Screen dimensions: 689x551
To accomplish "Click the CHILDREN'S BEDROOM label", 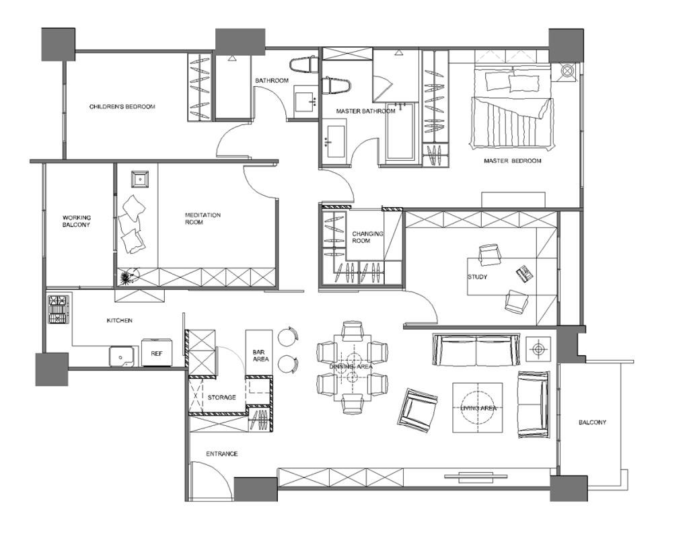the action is coord(122,107).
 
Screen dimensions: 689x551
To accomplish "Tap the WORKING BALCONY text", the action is coord(76,221).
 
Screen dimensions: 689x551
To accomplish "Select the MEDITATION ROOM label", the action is coord(203,219).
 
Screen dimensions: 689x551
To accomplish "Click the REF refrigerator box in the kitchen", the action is coord(157,352).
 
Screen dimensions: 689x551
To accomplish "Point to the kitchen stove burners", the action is coord(59,309).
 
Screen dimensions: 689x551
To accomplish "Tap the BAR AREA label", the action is coord(260,355).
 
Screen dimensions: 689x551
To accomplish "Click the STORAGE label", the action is coord(221,397).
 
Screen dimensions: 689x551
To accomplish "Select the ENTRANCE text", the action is coord(222,454).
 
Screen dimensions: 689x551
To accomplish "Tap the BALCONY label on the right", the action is coord(592,423).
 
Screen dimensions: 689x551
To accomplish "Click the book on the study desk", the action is coord(524,274).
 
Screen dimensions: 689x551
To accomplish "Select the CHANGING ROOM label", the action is coord(367,237).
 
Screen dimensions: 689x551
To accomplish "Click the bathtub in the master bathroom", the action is coord(400,131).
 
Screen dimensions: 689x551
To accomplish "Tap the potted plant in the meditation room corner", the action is coord(128,277).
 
